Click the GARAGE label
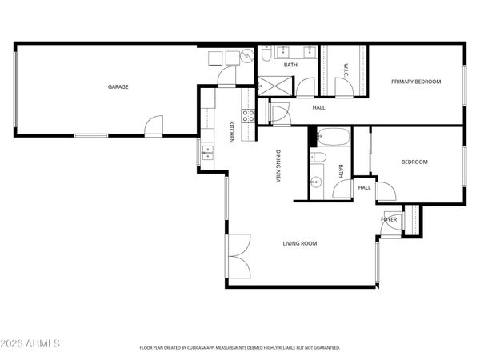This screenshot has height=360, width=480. [x=118, y=86]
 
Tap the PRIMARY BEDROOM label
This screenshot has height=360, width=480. [x=415, y=81]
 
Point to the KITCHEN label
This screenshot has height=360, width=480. [x=231, y=131]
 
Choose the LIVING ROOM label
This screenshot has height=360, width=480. [x=300, y=243]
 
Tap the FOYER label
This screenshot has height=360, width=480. [x=388, y=218]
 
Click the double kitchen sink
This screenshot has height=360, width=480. [x=207, y=151]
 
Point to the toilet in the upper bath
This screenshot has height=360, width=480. [x=266, y=55]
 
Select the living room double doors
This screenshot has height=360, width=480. [x=238, y=256]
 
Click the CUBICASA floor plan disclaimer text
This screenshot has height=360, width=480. [x=240, y=348]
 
